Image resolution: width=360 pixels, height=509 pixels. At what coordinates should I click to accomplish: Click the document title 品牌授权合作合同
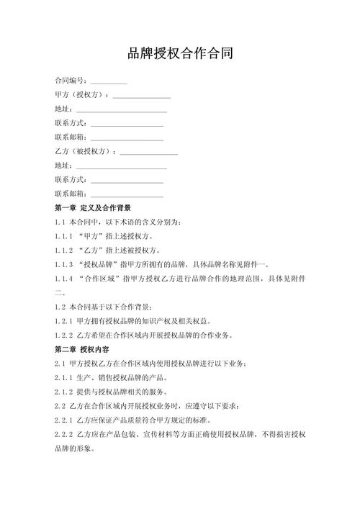(180, 53)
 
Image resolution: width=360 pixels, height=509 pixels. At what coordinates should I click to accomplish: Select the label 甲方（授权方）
(81, 94)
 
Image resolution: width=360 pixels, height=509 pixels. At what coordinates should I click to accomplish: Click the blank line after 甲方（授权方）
(141, 96)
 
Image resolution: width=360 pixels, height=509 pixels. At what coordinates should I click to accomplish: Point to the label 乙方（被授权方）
(85, 151)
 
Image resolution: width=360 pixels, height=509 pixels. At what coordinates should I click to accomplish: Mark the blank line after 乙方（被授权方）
(148, 153)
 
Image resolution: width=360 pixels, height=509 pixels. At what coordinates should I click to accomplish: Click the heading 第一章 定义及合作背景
(93, 208)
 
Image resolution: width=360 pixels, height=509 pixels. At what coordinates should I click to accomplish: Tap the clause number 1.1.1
(64, 236)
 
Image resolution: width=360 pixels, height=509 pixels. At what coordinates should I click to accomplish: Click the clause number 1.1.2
(64, 251)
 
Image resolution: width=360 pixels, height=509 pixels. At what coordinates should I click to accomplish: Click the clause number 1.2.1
(64, 321)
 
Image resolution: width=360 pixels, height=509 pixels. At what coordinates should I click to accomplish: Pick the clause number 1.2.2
(64, 335)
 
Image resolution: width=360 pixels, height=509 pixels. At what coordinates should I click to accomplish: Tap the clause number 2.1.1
(64, 378)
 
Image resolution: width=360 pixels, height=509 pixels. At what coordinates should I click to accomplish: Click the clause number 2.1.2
(64, 392)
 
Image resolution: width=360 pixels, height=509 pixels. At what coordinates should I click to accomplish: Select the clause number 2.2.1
(64, 420)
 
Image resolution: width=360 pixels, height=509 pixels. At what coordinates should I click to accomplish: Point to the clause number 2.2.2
(64, 435)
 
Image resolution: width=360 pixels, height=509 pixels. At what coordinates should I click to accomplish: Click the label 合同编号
(71, 80)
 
